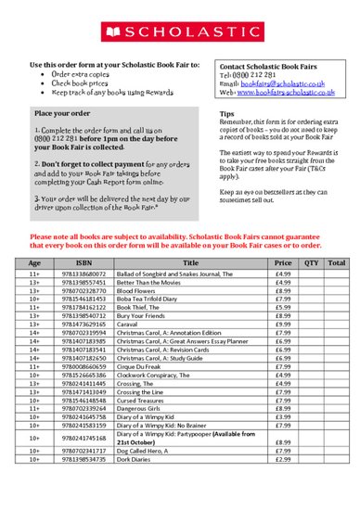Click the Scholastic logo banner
pyautogui.click(x=180, y=30)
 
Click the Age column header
pyautogui.click(x=35, y=289)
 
